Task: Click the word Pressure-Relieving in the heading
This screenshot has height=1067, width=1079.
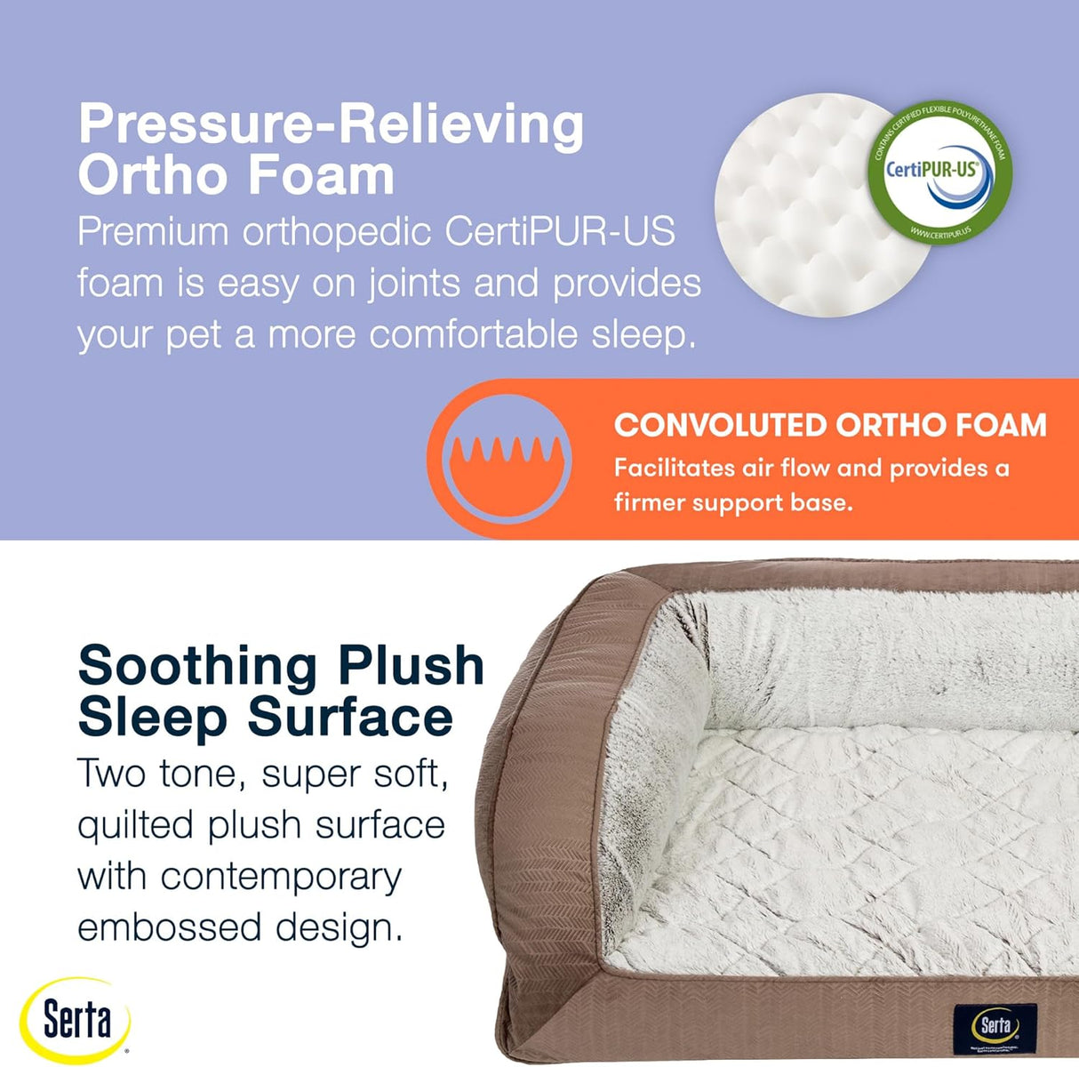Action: tap(331, 125)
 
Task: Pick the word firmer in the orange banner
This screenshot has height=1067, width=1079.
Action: tap(649, 502)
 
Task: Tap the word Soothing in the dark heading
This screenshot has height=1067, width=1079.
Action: tap(197, 667)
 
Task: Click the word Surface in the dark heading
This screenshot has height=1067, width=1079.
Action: tap(349, 718)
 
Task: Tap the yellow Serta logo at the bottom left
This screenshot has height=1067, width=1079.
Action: tap(76, 1020)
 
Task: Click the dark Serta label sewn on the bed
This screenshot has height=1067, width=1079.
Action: tap(995, 1026)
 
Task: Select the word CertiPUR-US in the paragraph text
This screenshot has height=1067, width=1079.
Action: tap(560, 232)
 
